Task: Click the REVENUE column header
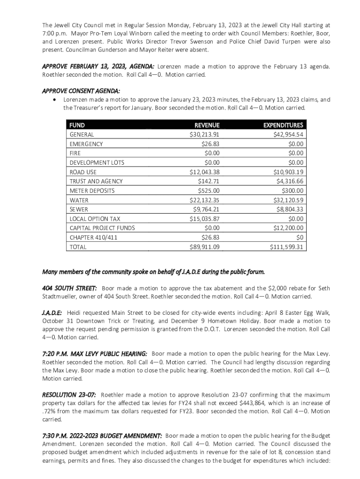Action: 207,125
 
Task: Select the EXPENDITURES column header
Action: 283,125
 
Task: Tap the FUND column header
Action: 77,125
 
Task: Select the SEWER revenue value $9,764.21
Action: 206,210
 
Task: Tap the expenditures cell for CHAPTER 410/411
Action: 299,238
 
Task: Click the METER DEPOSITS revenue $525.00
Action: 209,191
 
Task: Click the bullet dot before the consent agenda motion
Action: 56,100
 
